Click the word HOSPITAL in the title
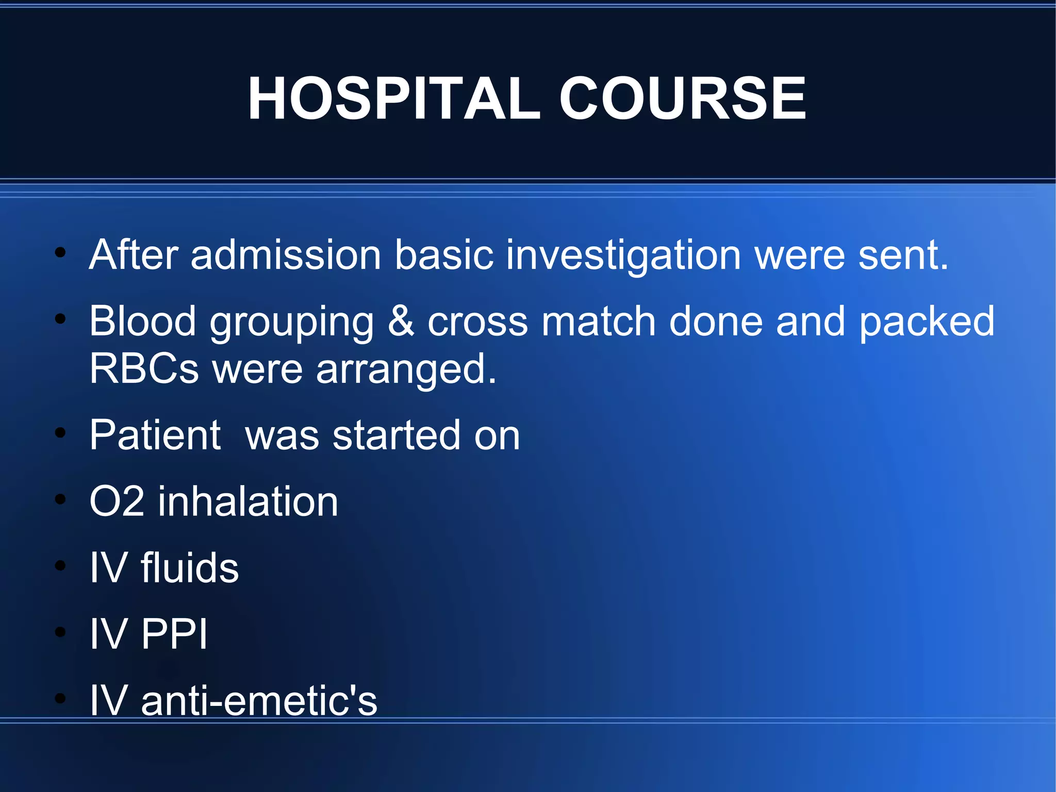394,98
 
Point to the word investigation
623,256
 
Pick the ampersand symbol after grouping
401,321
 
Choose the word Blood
143,321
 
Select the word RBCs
144,369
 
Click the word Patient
155,435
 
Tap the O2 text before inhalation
117,502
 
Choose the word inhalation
248,502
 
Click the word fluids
190,568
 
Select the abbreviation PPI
174,634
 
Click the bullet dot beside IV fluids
60,565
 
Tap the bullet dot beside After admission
60,253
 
